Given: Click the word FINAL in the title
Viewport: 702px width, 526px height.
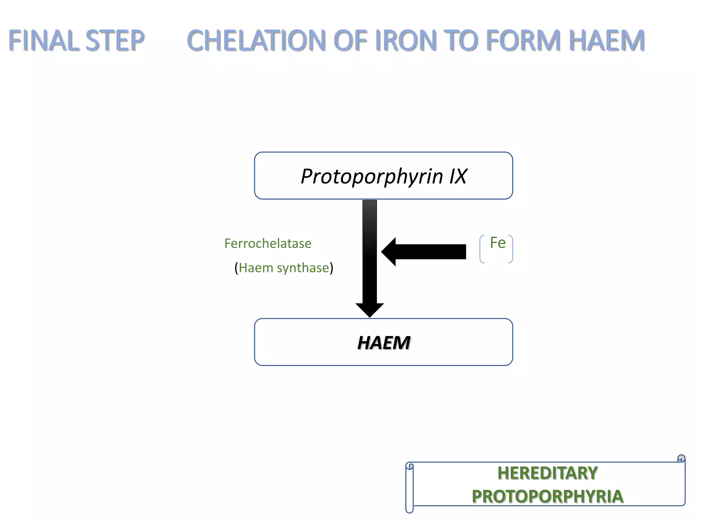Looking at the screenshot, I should pyautogui.click(x=43, y=40).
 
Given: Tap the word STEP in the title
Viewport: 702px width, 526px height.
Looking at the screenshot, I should pyautogui.click(x=115, y=40).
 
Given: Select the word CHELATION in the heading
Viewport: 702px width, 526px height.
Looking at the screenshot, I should pyautogui.click(x=256, y=40).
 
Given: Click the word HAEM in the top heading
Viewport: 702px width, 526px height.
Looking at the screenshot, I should pyautogui.click(x=607, y=40).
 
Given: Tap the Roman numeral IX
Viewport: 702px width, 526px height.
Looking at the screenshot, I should pyautogui.click(x=458, y=176).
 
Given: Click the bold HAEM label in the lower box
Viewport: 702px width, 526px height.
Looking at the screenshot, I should pyautogui.click(x=384, y=343).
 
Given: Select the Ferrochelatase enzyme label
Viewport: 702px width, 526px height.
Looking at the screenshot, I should pyautogui.click(x=268, y=243).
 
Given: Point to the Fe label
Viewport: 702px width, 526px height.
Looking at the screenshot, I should pyautogui.click(x=498, y=243).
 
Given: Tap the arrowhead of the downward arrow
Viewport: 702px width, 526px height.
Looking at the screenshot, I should pyautogui.click(x=370, y=310).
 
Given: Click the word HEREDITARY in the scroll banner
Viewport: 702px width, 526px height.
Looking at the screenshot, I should pyautogui.click(x=547, y=473).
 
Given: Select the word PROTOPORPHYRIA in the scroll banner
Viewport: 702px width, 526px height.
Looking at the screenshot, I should pyautogui.click(x=547, y=497).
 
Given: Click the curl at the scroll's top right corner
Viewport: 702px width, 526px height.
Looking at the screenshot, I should pyautogui.click(x=681, y=459).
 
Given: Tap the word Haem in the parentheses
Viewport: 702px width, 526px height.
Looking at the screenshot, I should pyautogui.click(x=256, y=268).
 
